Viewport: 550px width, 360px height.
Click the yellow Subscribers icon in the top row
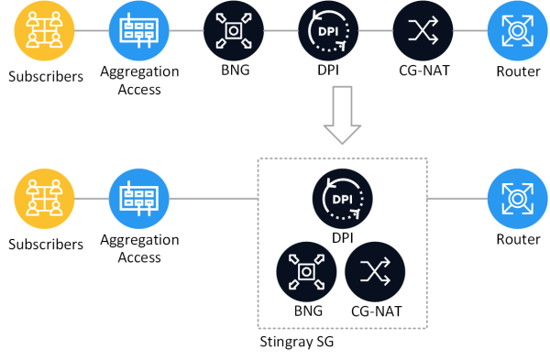pos(44,31)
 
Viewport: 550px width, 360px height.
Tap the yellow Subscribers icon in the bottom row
pos(44,199)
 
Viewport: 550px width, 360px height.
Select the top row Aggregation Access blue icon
pos(139,31)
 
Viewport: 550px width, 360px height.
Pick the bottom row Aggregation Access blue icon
pos(139,199)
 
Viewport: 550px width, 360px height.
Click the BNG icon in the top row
pos(234,31)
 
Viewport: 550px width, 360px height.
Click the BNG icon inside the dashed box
pos(306,272)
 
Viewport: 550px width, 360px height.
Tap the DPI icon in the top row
pos(328,31)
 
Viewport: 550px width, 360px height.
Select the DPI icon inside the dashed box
pos(342,199)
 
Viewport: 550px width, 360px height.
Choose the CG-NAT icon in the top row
pos(423,31)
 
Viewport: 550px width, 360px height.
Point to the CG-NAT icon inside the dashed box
pos(375,272)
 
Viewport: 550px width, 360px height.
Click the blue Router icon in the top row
pos(518,31)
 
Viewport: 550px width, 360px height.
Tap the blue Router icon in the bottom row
pos(518,199)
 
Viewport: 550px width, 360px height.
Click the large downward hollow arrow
pos(342,115)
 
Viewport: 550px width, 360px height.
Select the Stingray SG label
pos(297,342)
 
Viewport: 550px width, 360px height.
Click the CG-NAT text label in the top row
pos(424,71)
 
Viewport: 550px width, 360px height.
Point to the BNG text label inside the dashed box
pos(308,311)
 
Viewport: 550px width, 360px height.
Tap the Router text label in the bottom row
pos(518,239)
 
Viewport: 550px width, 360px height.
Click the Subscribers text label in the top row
pos(46,76)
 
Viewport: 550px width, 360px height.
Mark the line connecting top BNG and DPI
pos(281,31)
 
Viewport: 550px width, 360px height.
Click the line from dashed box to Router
pos(457,199)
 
